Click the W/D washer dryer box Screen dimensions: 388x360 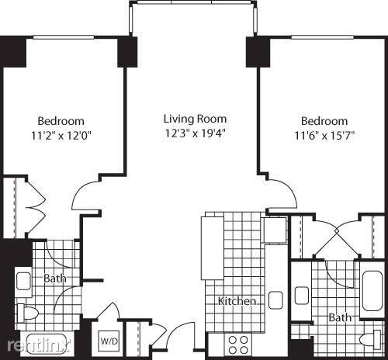click(x=109, y=341)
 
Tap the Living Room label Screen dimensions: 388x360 click(x=196, y=119)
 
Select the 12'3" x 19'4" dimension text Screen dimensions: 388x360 click(x=196, y=133)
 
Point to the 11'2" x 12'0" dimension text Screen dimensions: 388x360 click(x=61, y=135)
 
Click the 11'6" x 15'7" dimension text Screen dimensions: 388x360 click(x=324, y=135)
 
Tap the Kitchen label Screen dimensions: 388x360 click(x=237, y=301)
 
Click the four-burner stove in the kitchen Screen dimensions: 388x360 click(x=238, y=344)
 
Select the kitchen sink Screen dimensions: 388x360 click(x=275, y=300)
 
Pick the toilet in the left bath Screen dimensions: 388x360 click(x=27, y=313)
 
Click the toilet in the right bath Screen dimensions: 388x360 click(x=370, y=339)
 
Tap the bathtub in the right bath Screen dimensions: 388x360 click(x=372, y=291)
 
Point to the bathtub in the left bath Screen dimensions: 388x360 click(x=47, y=343)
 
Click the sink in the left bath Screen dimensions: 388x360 click(x=23, y=281)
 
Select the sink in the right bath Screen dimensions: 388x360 click(x=302, y=296)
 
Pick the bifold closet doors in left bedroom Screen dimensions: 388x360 click(x=36, y=207)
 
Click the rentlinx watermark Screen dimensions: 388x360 click(x=38, y=346)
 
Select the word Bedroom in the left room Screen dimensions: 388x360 click(x=61, y=121)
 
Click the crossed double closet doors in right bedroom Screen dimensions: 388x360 click(x=336, y=230)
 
